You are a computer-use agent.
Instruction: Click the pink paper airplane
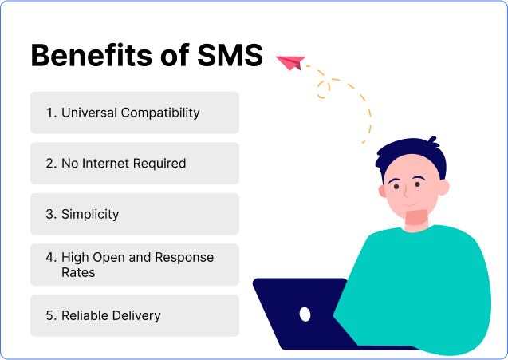pyautogui.click(x=290, y=61)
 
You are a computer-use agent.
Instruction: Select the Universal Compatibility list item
pyautogui.click(x=134, y=113)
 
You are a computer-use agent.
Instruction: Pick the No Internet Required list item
pyautogui.click(x=134, y=164)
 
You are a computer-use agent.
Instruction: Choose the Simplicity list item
pyautogui.click(x=134, y=214)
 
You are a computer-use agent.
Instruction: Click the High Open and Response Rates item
pyautogui.click(x=134, y=265)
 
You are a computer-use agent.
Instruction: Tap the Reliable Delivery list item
pyautogui.click(x=134, y=315)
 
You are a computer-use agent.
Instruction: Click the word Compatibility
pyautogui.click(x=159, y=113)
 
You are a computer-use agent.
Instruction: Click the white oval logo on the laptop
pyautogui.click(x=305, y=314)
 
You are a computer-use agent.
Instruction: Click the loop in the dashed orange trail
pyautogui.click(x=323, y=87)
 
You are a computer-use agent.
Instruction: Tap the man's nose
pyautogui.click(x=405, y=192)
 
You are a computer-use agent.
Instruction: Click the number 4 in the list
pyautogui.click(x=50, y=258)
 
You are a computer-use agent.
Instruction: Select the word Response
pyautogui.click(x=185, y=258)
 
